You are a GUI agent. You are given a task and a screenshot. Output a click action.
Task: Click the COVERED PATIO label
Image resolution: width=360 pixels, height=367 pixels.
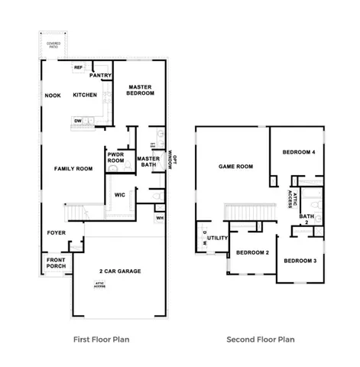coord(54,45)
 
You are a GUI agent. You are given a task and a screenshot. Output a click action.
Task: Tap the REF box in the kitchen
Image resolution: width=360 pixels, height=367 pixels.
coord(78,68)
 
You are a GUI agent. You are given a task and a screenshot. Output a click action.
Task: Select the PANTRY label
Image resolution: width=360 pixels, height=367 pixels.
coord(102,76)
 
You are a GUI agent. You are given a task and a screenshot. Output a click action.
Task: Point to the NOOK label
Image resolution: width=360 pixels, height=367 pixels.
coord(53,96)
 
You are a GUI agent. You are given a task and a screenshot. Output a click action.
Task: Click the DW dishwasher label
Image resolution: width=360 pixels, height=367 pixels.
coord(78,120)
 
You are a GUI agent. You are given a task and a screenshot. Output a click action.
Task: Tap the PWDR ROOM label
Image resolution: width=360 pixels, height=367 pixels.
coord(115,157)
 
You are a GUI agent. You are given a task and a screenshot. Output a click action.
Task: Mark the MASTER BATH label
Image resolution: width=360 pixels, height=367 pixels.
coord(148,162)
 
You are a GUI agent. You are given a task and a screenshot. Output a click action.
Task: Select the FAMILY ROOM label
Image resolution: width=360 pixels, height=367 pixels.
coord(73,168)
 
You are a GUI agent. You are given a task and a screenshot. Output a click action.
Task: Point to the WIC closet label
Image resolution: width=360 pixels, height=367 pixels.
coord(119,195)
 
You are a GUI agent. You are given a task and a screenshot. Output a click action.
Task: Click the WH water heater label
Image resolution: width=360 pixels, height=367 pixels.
coord(159,218)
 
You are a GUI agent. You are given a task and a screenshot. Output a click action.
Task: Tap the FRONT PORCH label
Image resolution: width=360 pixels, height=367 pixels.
coord(57,262)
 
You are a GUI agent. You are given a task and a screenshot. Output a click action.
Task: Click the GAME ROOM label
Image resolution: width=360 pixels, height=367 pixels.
coord(235,166)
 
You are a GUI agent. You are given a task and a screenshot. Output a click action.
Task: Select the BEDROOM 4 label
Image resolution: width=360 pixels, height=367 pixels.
coord(299,152)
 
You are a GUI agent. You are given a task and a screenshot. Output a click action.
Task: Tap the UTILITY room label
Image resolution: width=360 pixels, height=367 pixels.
coord(218,239)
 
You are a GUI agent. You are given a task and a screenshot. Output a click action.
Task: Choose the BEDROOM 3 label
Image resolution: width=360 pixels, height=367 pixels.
coord(300,261)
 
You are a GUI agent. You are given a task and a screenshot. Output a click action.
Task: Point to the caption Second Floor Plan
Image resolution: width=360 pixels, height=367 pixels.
coord(261,339)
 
